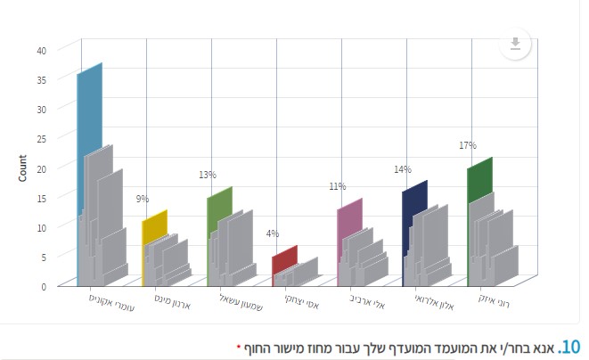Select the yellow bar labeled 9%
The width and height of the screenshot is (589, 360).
(154, 225)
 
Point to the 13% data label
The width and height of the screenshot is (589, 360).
(208, 175)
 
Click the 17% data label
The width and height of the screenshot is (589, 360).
(468, 145)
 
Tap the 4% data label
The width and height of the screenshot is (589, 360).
(272, 233)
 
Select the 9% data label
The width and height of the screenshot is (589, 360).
(143, 199)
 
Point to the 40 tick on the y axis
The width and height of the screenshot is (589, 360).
(41, 50)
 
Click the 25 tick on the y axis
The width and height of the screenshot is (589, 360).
(41, 138)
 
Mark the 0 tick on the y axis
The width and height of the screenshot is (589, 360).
(43, 285)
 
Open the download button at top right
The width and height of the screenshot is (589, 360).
(515, 44)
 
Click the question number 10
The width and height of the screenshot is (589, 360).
(569, 346)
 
